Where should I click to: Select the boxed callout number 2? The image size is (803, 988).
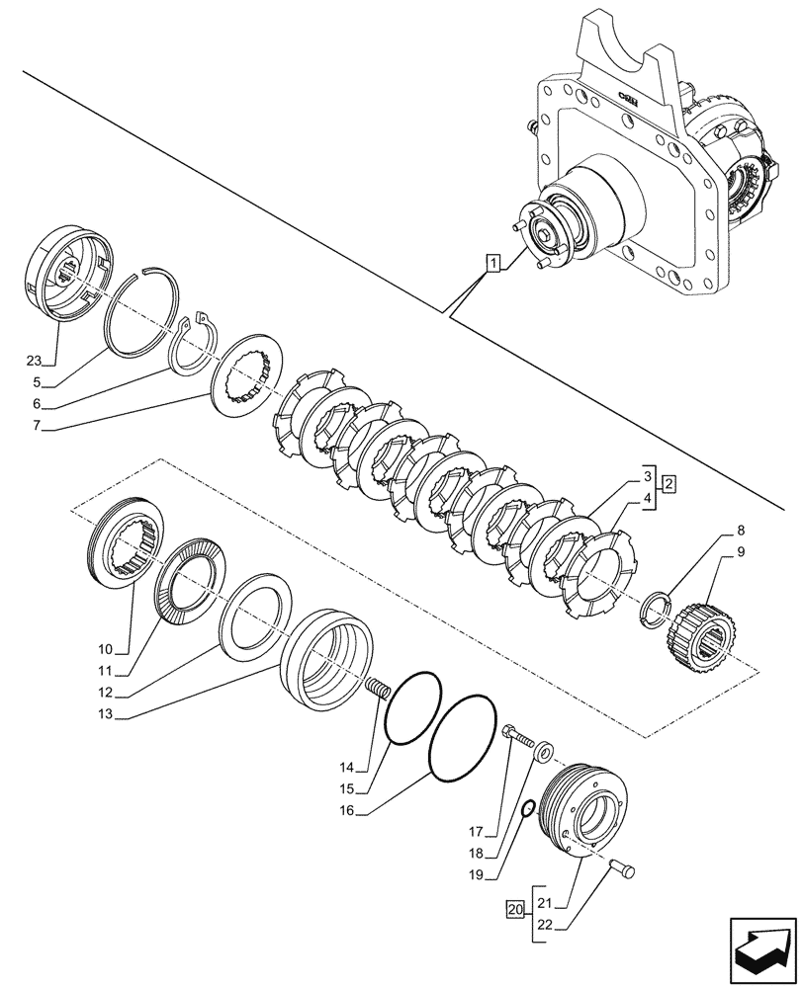[669, 484]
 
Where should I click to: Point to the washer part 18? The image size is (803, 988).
[544, 757]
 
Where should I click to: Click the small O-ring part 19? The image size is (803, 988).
[528, 808]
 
